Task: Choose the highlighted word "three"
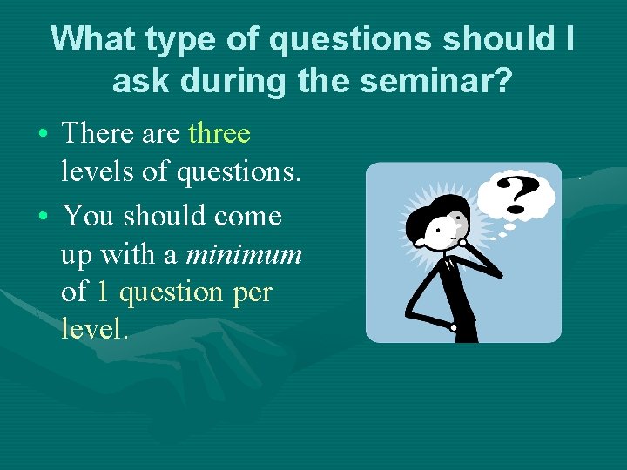[x=219, y=134]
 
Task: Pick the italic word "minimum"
[x=244, y=254]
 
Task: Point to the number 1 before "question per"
[x=102, y=292]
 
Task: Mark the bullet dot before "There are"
[x=43, y=135]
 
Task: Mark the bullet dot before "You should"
[x=43, y=215]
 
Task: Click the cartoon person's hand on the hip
[x=454, y=326]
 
